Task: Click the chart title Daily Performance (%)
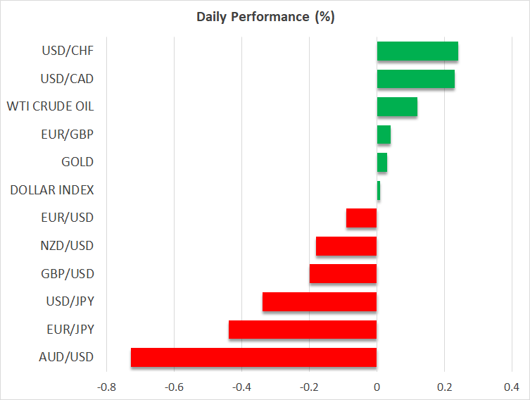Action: [x=265, y=17]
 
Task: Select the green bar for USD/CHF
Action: [x=417, y=51]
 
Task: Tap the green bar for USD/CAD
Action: [x=416, y=79]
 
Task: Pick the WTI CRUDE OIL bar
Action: [x=397, y=106]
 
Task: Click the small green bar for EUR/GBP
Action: [x=384, y=135]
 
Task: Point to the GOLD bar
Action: [x=382, y=162]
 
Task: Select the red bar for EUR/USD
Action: [x=362, y=218]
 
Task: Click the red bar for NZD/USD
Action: [x=346, y=246]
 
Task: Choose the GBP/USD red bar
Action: [x=343, y=273]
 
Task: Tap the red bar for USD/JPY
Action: [x=320, y=301]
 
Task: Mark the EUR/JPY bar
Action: [x=303, y=329]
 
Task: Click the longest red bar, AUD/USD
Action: [x=254, y=357]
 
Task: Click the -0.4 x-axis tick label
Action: [x=241, y=387]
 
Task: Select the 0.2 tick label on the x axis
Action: [x=444, y=387]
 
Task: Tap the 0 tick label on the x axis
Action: [x=377, y=387]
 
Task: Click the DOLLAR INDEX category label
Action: [x=52, y=190]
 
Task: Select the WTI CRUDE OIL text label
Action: [x=50, y=106]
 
